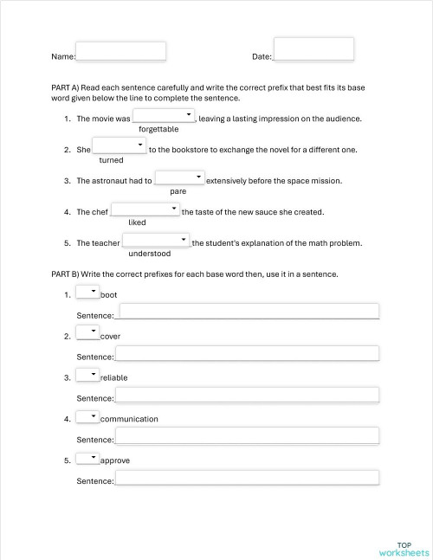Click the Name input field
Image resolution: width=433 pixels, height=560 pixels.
(120, 51)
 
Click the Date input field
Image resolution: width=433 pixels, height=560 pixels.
(313, 48)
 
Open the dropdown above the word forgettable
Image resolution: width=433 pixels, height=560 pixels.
(164, 116)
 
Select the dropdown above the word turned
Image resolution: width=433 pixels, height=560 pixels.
(119, 146)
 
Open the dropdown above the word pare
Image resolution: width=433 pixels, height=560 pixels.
(179, 178)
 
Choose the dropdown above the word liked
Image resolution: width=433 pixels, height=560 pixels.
(145, 209)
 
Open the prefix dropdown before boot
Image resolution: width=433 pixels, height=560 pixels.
(87, 293)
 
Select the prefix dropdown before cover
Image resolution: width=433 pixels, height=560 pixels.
(87, 334)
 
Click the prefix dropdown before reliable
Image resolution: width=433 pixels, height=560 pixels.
(87, 376)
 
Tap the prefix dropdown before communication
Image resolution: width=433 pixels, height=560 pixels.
(87, 417)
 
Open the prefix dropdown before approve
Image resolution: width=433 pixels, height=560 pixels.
(87, 459)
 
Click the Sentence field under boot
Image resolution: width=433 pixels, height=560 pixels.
(249, 312)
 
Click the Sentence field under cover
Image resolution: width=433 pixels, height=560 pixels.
(247, 353)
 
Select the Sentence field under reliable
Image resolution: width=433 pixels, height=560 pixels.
(247, 395)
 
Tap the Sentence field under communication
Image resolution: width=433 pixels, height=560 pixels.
(247, 435)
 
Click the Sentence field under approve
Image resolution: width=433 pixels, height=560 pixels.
(247, 477)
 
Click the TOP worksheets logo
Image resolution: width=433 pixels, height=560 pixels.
(404, 548)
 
